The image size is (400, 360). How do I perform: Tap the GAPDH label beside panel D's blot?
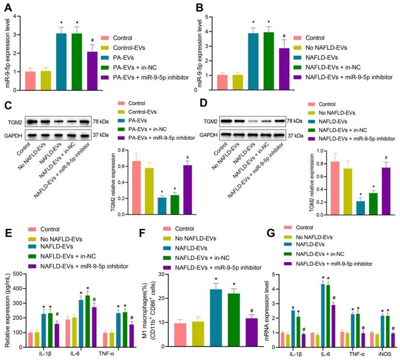click(x=210, y=135)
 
